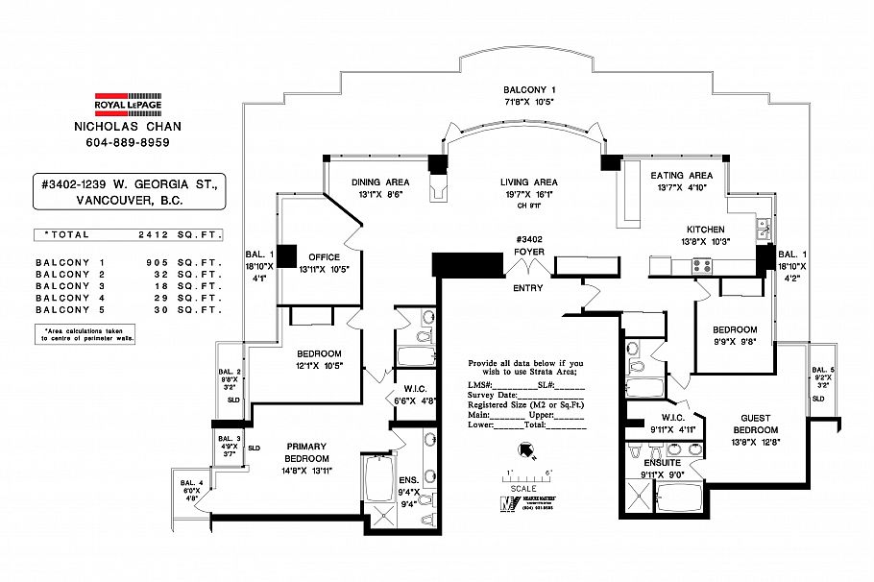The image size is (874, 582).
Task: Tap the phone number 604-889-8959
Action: click(129, 143)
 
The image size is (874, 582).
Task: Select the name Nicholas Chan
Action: click(129, 127)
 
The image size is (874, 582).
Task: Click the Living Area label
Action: click(528, 182)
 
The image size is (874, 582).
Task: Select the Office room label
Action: click(324, 256)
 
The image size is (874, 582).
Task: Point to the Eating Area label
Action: click(681, 176)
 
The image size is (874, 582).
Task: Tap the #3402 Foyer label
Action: click(528, 246)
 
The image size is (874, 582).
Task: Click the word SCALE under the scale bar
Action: click(523, 488)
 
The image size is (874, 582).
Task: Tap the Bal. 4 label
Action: click(189, 482)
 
